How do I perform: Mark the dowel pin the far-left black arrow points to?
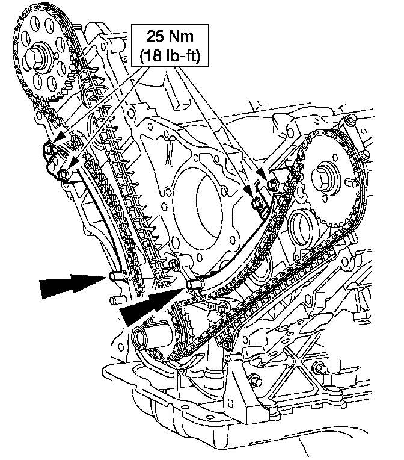pos(117,277)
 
